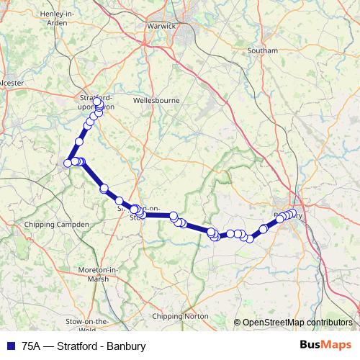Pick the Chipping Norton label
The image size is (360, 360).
pyautogui.click(x=181, y=316)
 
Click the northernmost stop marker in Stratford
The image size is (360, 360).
pyautogui.click(x=98, y=102)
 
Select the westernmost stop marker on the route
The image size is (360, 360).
pyautogui.click(x=68, y=163)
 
